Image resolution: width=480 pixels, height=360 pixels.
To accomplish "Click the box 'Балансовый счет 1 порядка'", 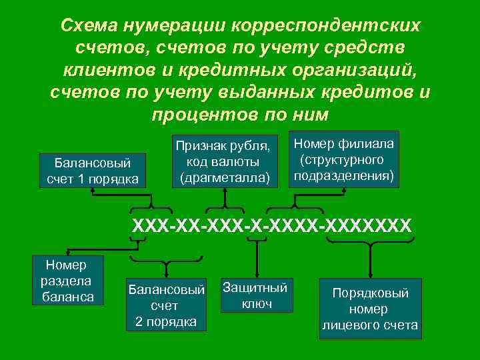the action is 92,171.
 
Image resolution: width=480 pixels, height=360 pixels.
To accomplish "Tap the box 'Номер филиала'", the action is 343,160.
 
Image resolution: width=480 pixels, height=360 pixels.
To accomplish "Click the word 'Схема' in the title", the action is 89,26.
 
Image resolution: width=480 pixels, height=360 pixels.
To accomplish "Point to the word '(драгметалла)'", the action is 224,178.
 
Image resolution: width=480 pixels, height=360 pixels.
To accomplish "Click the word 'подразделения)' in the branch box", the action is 343,176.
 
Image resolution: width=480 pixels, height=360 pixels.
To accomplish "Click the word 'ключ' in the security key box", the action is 257,303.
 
